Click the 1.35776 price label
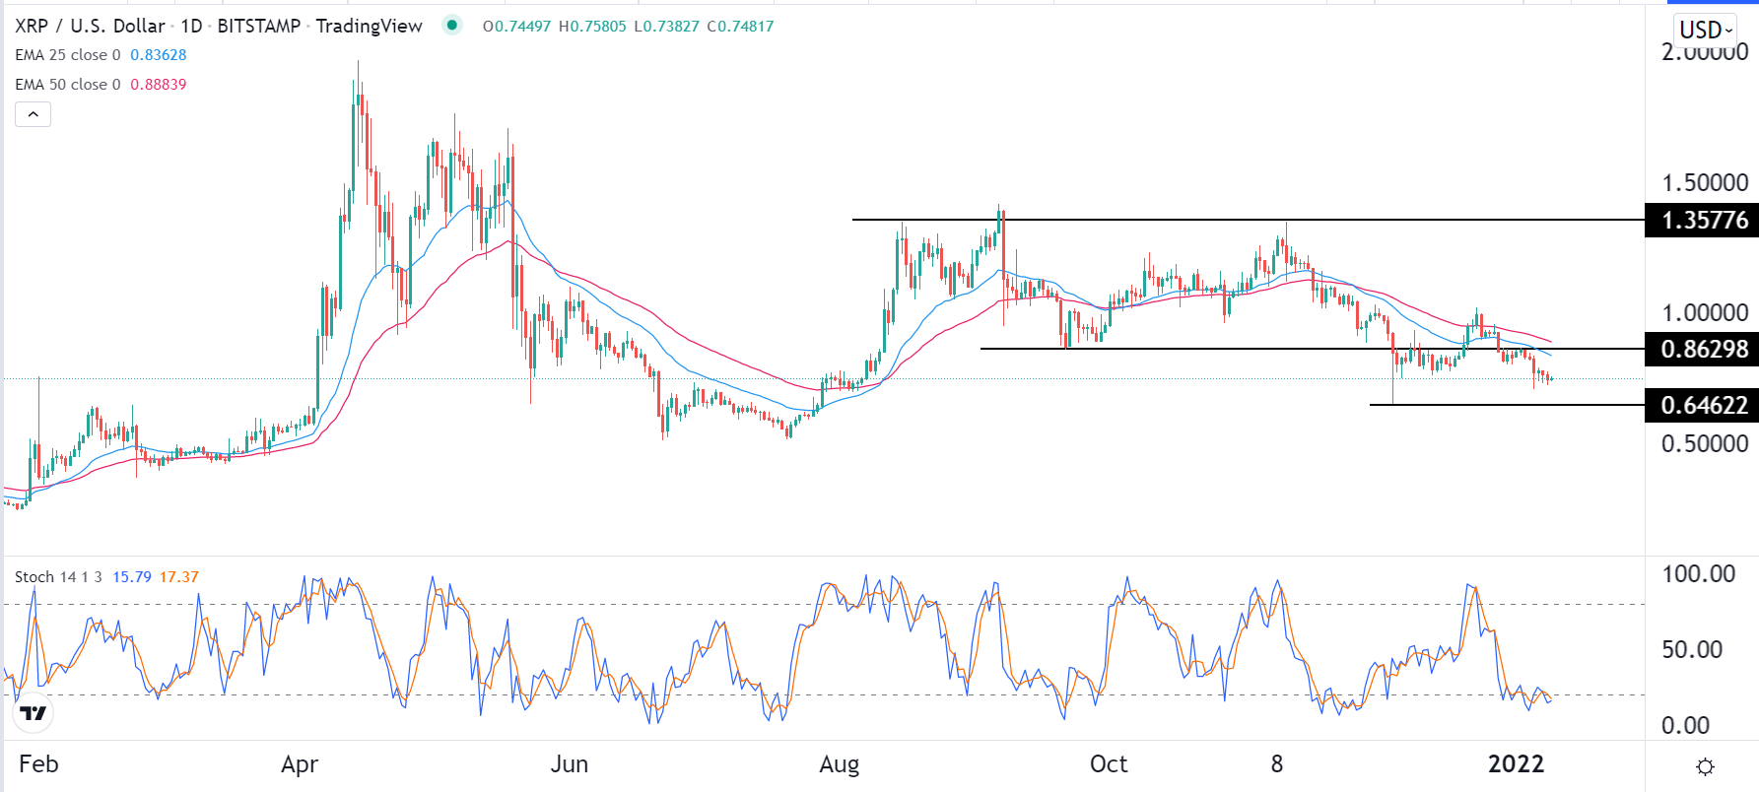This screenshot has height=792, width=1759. click(x=1704, y=220)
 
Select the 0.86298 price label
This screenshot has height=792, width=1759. click(x=1704, y=349)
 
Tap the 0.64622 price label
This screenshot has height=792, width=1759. click(x=1704, y=405)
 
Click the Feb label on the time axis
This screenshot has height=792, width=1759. click(x=38, y=764)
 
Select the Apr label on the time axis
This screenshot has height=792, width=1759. click(x=300, y=764)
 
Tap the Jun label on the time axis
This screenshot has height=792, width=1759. click(x=569, y=764)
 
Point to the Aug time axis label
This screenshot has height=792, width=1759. click(x=840, y=764)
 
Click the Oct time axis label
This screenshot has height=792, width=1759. click(x=1109, y=764)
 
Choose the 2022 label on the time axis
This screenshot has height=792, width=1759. click(x=1516, y=764)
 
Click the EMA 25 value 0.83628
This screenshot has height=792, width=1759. click(x=158, y=55)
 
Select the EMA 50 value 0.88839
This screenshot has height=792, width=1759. click(x=158, y=85)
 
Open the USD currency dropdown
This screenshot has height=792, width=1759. click(x=1706, y=30)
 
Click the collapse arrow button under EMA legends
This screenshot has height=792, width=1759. click(x=33, y=114)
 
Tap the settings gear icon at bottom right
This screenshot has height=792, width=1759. click(x=1706, y=766)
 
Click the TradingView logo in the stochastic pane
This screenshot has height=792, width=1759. click(x=34, y=713)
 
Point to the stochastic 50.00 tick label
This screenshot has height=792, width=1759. click(x=1692, y=650)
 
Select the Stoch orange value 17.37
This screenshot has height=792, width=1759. click(x=179, y=577)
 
